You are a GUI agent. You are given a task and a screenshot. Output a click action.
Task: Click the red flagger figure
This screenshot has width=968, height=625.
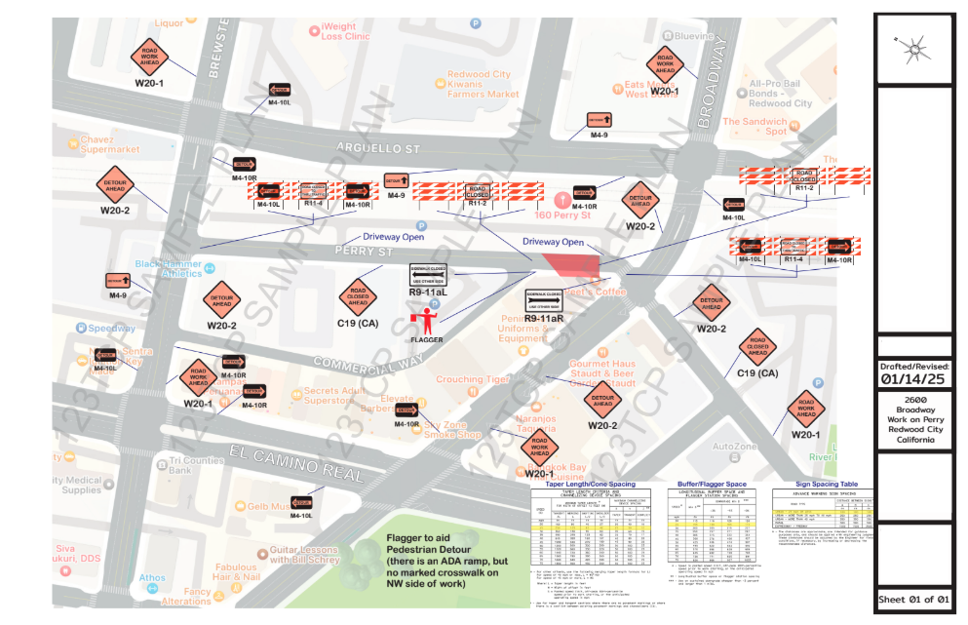coord(424,322)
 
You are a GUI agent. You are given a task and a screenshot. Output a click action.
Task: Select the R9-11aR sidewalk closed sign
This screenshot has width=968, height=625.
coord(544,300)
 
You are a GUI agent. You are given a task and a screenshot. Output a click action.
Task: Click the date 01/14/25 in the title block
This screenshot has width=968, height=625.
coord(913,379)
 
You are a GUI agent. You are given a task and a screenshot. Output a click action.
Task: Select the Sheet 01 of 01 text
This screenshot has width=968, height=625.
coord(913,599)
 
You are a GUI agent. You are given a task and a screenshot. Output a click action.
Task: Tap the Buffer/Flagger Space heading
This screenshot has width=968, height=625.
coord(711,484)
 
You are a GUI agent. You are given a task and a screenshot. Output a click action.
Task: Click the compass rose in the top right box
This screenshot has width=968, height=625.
coord(913,46)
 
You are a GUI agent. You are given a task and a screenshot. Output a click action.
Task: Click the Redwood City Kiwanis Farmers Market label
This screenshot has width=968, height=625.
coord(483,85)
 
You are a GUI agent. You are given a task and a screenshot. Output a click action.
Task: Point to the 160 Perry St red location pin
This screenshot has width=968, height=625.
coord(560,198)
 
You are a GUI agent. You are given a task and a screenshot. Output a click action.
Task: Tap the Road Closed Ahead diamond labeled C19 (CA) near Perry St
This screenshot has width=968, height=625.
coord(357,295)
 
